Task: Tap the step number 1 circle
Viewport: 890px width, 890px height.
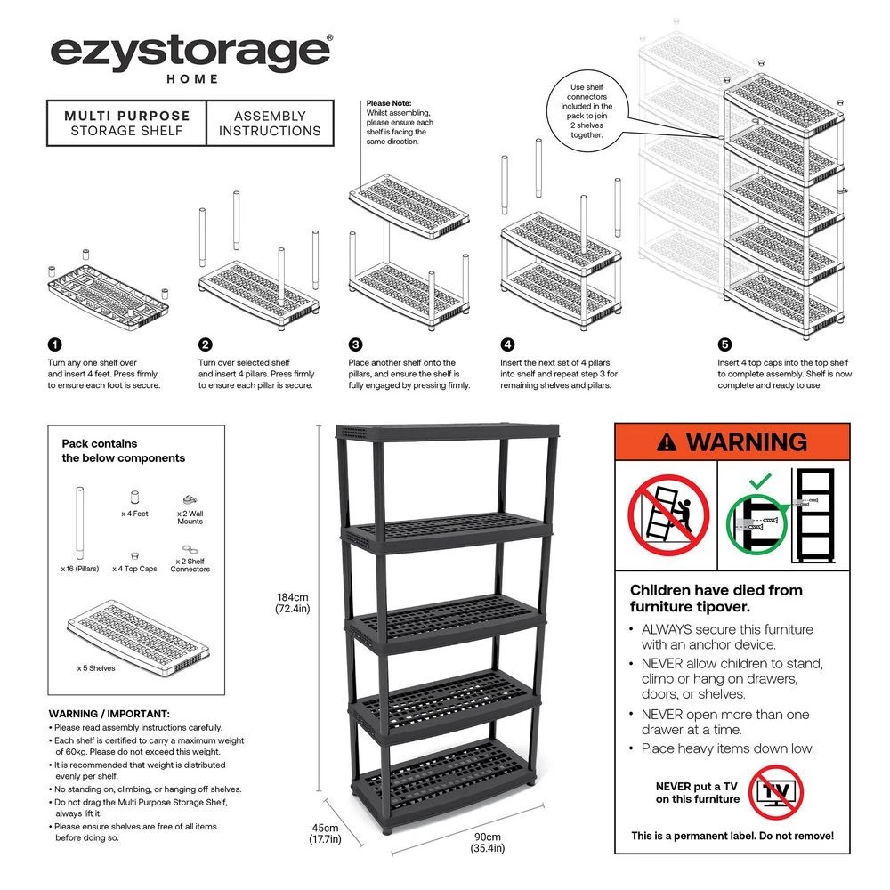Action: pyautogui.click(x=54, y=344)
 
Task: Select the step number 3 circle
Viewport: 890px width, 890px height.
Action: pyautogui.click(x=355, y=344)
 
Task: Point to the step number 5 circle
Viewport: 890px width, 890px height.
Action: pyautogui.click(x=724, y=344)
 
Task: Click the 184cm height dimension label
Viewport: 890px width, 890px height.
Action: pyautogui.click(x=291, y=603)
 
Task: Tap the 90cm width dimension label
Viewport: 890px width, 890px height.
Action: pyautogui.click(x=487, y=842)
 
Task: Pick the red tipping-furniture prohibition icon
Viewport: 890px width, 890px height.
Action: pyautogui.click(x=667, y=514)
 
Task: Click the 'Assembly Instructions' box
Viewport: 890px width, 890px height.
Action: pyautogui.click(x=270, y=123)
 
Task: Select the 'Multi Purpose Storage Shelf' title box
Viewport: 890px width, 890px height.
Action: pyautogui.click(x=126, y=123)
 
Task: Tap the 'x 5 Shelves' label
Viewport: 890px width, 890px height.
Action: pyautogui.click(x=96, y=667)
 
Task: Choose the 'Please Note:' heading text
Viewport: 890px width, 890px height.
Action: pyautogui.click(x=388, y=103)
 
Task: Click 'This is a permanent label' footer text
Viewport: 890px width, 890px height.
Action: pyautogui.click(x=732, y=836)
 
